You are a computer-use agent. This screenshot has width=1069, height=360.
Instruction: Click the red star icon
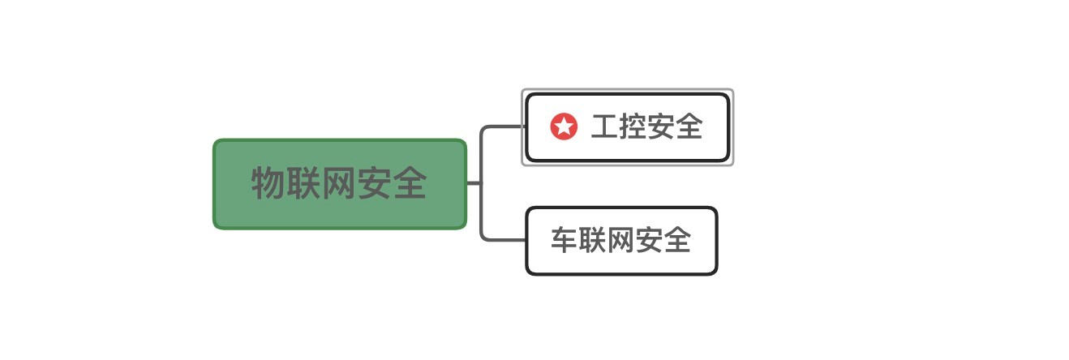[564, 126]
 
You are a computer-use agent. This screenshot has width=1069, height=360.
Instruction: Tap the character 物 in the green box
[268, 183]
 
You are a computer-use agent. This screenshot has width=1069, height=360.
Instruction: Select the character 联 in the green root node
[303, 183]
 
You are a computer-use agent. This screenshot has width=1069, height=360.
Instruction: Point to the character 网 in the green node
[338, 183]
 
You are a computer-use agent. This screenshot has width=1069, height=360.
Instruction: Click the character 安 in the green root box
[374, 183]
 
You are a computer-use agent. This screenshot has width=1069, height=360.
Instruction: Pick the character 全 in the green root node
[410, 183]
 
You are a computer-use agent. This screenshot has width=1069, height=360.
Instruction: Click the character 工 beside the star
[604, 126]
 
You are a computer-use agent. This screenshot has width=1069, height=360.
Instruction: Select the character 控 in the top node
[633, 126]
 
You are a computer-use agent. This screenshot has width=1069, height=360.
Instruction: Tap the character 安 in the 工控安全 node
[661, 126]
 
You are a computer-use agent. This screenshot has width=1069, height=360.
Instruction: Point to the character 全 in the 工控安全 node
[689, 126]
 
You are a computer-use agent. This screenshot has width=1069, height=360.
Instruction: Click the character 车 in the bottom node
[565, 240]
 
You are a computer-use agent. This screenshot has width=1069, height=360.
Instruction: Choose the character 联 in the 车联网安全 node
[593, 240]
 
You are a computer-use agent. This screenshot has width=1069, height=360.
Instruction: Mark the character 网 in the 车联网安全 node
[620, 240]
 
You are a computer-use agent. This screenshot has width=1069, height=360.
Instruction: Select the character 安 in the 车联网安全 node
[649, 240]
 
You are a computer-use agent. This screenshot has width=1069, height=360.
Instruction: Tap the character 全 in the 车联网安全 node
[677, 240]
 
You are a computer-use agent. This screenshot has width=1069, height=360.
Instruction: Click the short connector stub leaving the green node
[474, 183]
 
